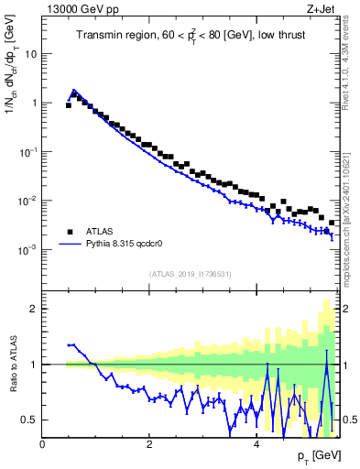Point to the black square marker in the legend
pos(70,232)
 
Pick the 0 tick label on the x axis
pos(42,445)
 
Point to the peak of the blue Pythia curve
pos(74,91)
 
